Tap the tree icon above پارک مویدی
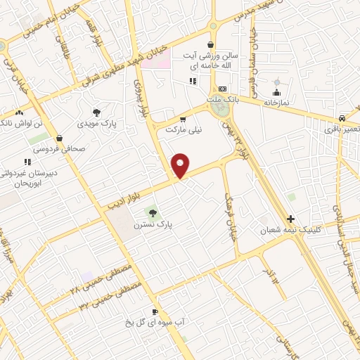coord(96,112)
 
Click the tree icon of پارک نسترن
coord(153,212)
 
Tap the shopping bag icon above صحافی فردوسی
coord(58,139)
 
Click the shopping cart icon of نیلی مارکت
coord(184,119)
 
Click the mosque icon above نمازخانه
coord(276,92)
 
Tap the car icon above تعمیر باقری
coord(341,118)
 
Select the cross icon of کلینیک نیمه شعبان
coord(291,219)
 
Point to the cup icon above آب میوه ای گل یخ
coord(155,311)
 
